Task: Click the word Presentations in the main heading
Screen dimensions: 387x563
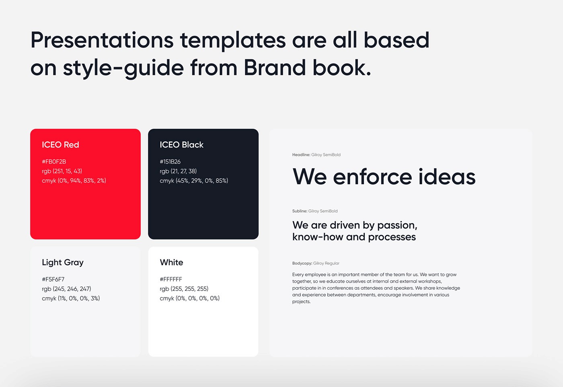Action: pyautogui.click(x=102, y=41)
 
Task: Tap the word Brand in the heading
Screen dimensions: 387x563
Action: pyautogui.click(x=275, y=68)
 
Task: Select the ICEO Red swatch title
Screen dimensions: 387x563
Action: pyautogui.click(x=60, y=145)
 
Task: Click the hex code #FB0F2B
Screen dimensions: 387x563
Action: pyautogui.click(x=54, y=162)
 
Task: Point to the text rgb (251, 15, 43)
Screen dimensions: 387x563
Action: pyautogui.click(x=62, y=171)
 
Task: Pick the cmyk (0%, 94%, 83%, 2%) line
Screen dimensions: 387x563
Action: pyautogui.click(x=74, y=181)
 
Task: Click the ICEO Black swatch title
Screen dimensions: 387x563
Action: pyautogui.click(x=181, y=145)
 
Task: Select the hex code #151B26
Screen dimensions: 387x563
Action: pyautogui.click(x=170, y=162)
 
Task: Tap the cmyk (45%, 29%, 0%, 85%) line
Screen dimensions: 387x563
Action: pyautogui.click(x=194, y=181)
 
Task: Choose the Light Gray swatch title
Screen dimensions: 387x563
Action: pyautogui.click(x=63, y=263)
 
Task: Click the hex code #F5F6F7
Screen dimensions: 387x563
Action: pyautogui.click(x=53, y=279)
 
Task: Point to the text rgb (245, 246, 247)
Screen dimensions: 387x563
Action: pyautogui.click(x=66, y=289)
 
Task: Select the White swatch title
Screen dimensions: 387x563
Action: pyautogui.click(x=171, y=263)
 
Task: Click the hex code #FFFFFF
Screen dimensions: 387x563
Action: pyautogui.click(x=171, y=279)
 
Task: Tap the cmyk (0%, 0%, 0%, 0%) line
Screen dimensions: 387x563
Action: pyautogui.click(x=189, y=298)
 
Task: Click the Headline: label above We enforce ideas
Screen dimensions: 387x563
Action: pyautogui.click(x=301, y=155)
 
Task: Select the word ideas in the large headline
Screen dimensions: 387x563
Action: pyautogui.click(x=447, y=177)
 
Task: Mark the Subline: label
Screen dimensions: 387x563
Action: pyautogui.click(x=300, y=211)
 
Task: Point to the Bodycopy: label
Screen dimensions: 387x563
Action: pyautogui.click(x=302, y=263)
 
